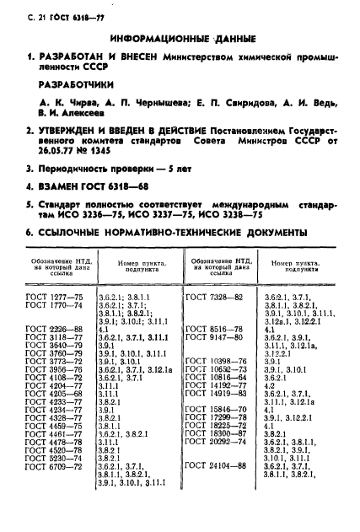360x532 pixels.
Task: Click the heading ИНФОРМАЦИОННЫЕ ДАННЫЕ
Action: pos(180,37)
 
